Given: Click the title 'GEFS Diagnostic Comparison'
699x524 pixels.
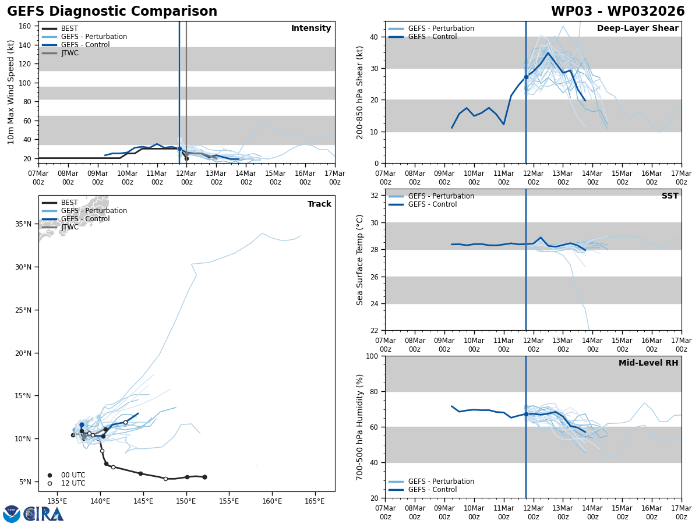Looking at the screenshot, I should coord(112,12).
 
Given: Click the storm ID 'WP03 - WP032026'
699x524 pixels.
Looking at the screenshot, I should coord(617,12).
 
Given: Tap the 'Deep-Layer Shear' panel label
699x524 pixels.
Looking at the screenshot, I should coord(637,29).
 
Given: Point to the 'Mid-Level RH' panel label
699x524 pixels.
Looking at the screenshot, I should coord(648,363).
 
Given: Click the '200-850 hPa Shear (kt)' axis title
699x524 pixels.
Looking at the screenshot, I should coord(361,92).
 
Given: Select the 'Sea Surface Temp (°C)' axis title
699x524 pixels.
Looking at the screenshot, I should coord(361,260).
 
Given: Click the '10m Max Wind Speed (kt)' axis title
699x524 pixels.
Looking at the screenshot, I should coord(11,92).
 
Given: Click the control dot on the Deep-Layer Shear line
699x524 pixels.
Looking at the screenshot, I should coord(526,77).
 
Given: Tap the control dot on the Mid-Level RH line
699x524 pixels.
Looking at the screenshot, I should coord(526,414).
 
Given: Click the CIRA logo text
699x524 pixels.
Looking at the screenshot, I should coord(44,514).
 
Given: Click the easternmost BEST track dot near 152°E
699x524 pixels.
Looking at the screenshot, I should coord(204,477).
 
